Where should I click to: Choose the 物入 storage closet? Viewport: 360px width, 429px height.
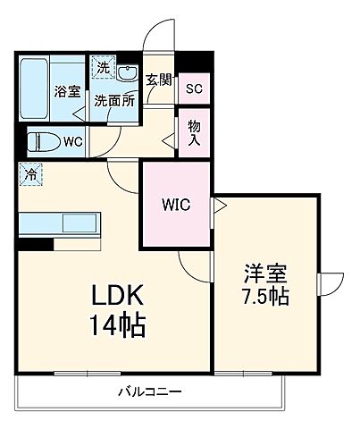194,133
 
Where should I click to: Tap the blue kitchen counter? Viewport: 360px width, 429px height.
61,223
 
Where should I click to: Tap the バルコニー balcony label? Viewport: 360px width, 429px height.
150,392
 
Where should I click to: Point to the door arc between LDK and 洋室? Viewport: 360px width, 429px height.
195,264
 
